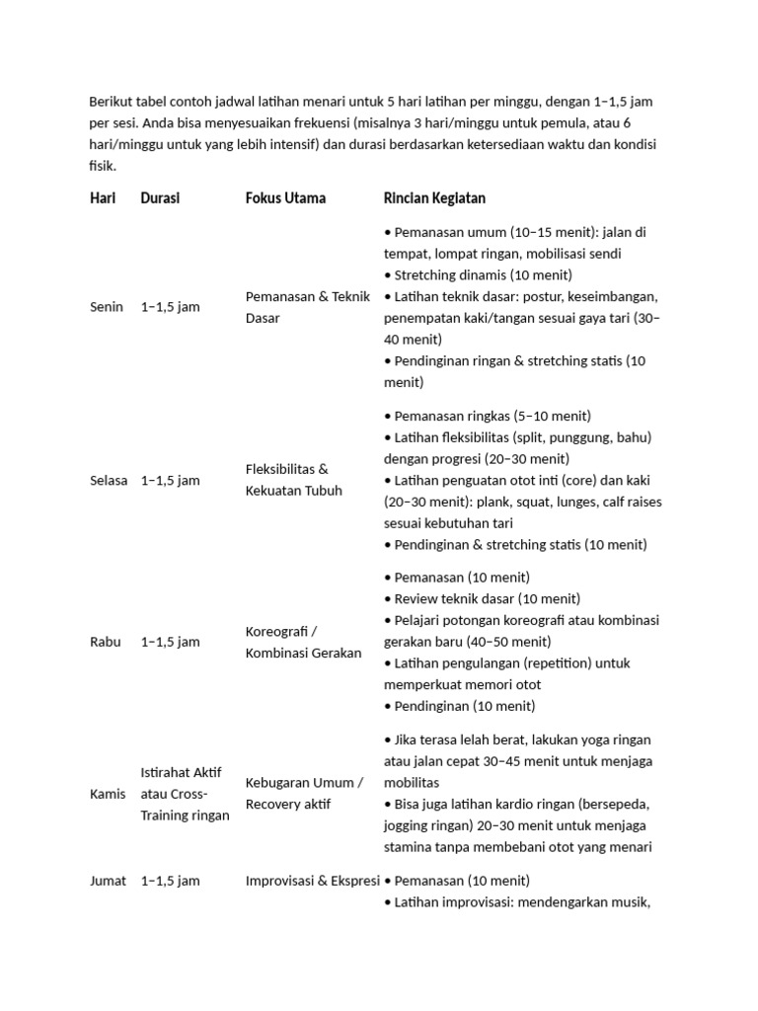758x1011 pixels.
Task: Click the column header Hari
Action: click(103, 198)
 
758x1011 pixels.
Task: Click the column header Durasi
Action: click(160, 198)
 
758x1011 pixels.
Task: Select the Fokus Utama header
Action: click(285, 198)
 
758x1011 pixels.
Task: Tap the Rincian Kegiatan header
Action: click(434, 198)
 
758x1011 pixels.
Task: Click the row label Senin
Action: click(107, 307)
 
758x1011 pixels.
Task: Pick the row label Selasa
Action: click(109, 481)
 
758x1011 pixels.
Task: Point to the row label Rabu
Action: click(106, 642)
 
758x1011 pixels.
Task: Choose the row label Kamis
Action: click(108, 794)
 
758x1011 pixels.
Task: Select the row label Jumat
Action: click(108, 881)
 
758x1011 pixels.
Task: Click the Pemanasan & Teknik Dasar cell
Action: click(307, 307)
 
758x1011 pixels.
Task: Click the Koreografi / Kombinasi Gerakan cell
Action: click(303, 642)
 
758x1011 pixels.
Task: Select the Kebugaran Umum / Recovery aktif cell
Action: click(304, 794)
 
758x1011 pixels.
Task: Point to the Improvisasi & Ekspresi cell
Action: click(311, 881)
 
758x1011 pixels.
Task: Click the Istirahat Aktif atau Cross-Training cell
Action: click(185, 794)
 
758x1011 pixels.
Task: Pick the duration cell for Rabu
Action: click(170, 642)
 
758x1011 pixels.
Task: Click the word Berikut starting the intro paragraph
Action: click(111, 102)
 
